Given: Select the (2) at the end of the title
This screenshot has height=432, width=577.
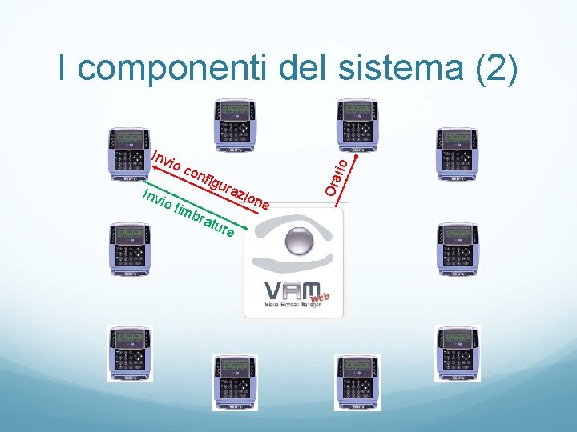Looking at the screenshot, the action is (x=498, y=70).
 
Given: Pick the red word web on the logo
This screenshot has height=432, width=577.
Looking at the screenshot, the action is (x=320, y=298).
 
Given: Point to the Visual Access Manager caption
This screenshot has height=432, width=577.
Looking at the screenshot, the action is (x=293, y=306).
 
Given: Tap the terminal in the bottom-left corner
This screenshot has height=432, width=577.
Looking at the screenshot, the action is (x=129, y=353).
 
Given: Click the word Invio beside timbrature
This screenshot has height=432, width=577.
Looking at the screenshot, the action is (x=157, y=200).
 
